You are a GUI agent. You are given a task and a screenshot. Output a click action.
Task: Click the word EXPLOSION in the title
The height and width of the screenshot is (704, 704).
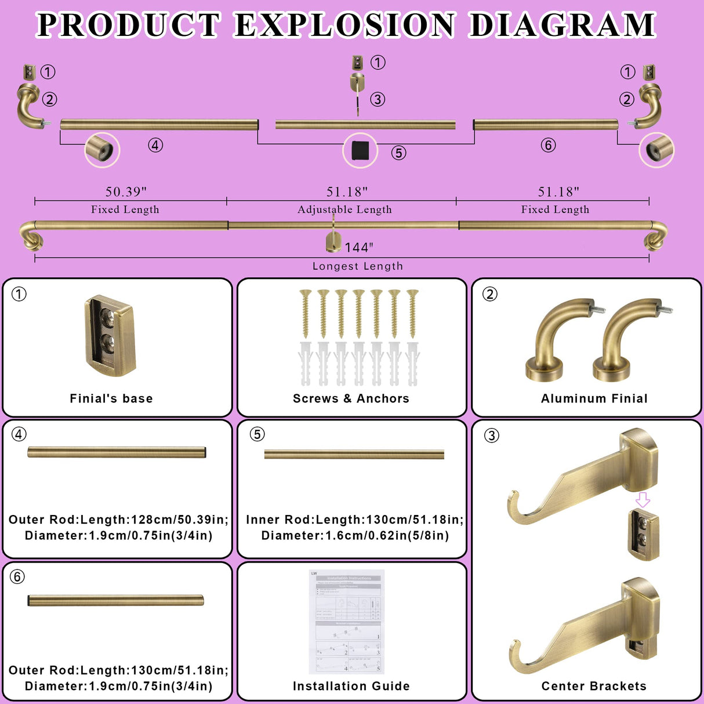[344, 25]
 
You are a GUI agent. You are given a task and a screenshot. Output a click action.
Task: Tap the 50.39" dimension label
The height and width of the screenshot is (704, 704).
[126, 191]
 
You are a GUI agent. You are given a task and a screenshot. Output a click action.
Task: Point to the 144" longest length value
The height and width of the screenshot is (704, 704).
[359, 248]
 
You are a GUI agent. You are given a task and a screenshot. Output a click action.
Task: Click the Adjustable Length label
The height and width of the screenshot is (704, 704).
[344, 209]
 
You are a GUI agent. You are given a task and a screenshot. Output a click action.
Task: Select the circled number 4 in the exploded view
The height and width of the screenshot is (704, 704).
[155, 145]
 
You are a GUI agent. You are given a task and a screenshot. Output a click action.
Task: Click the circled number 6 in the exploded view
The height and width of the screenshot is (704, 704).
[548, 145]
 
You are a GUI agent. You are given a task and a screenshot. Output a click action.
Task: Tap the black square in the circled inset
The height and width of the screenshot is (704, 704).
[360, 151]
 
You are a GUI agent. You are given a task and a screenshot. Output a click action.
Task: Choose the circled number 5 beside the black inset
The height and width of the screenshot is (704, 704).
[398, 153]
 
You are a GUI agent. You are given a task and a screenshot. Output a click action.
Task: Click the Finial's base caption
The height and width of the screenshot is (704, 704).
[111, 398]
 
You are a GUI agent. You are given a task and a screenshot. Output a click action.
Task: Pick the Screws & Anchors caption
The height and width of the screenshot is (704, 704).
[351, 398]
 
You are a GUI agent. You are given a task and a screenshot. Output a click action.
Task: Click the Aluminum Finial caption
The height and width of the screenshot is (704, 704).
[594, 398]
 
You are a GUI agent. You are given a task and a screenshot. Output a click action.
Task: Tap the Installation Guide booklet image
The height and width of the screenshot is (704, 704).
[347, 622]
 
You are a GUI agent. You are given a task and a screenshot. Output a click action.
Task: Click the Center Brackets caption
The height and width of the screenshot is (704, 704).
[594, 686]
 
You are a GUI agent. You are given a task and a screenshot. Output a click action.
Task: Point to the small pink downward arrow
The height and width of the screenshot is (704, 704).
[643, 499]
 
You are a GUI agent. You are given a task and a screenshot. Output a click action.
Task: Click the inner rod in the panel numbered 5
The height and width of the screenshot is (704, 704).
[354, 455]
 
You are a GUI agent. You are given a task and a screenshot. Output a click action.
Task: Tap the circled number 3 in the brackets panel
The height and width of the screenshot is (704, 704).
[491, 436]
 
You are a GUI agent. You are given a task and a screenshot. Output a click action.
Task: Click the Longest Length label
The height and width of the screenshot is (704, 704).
[357, 266]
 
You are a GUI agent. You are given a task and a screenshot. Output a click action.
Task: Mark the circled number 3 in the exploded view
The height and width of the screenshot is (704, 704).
[378, 99]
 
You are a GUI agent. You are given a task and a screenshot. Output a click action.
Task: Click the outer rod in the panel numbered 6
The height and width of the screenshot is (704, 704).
[116, 601]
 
